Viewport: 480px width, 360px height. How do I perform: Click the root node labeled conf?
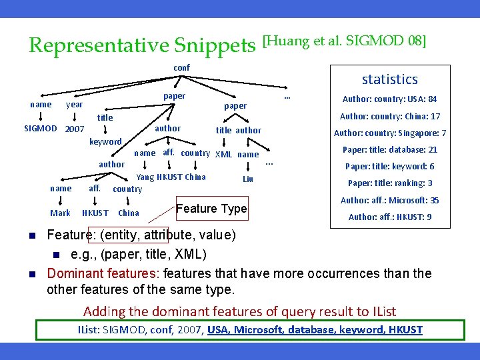point(181,67)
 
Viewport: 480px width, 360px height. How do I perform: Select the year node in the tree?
point(75,105)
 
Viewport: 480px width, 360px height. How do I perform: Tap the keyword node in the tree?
point(105,141)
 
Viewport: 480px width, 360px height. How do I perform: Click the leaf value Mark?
point(60,213)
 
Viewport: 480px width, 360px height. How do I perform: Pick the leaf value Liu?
point(248,179)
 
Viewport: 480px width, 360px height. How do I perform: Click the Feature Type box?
point(211,209)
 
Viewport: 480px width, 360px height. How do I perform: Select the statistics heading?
point(389,79)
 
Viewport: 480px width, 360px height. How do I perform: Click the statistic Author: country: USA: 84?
point(389,99)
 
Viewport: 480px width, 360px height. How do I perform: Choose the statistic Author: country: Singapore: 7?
point(389,133)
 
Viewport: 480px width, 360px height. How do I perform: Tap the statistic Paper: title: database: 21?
point(389,150)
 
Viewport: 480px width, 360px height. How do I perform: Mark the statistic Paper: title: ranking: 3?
point(389,183)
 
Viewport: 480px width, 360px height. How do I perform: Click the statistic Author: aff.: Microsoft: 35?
point(389,200)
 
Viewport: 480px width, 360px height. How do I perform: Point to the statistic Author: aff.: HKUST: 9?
point(389,217)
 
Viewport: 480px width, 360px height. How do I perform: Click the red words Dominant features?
point(103,273)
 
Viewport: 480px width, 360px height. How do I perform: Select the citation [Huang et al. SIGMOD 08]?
point(345,41)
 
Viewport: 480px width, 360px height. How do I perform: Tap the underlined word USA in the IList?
point(219,330)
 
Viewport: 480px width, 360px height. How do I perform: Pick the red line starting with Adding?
point(239,311)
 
